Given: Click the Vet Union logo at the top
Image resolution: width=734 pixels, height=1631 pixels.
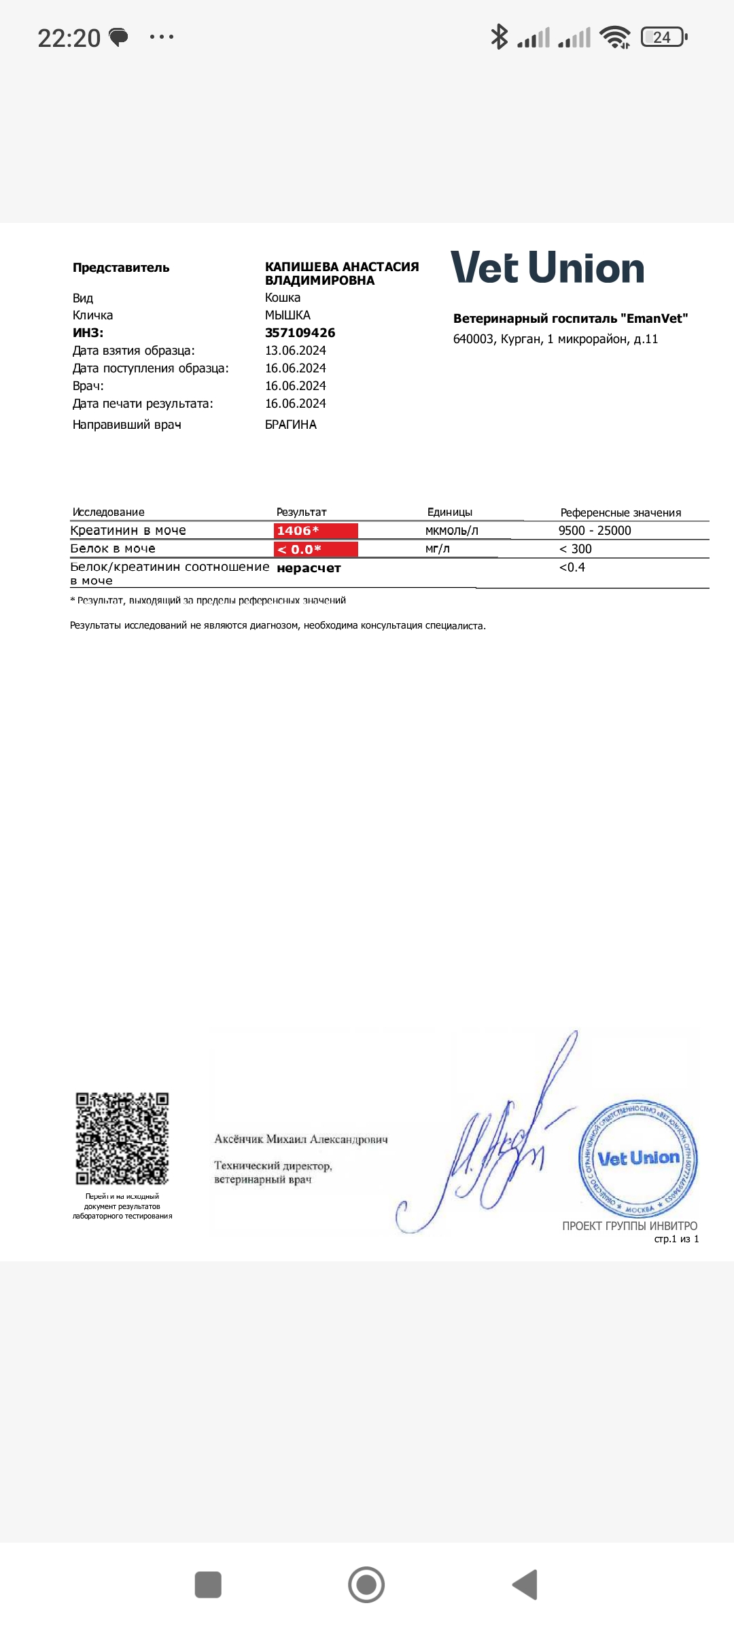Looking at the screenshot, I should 547,268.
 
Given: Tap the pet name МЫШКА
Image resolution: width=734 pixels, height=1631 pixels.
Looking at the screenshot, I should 287,315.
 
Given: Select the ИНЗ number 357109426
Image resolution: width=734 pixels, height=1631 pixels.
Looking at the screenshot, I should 300,333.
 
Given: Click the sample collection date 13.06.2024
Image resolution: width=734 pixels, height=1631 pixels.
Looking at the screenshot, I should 295,351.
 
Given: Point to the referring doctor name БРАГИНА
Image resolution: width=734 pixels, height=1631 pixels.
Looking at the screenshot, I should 290,425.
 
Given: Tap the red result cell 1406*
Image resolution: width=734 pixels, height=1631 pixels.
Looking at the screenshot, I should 315,531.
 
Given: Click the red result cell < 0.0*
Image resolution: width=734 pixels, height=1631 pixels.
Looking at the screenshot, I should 315,549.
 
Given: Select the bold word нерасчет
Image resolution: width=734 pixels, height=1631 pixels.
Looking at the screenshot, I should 309,568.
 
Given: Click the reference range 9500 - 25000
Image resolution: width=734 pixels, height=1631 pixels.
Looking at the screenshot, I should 595,531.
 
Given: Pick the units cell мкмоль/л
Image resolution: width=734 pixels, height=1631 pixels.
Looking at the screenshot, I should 451,531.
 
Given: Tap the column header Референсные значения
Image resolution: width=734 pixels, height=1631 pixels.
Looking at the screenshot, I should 620,513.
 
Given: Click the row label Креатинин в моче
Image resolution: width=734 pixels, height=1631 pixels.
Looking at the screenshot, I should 128,531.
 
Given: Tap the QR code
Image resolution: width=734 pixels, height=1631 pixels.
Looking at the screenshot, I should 122,1139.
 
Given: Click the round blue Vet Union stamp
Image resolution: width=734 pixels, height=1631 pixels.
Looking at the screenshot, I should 637,1158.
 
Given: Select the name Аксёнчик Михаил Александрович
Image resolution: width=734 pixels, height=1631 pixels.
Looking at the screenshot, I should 300,1139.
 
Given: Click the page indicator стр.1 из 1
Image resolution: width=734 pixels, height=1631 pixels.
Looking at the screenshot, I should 676,1239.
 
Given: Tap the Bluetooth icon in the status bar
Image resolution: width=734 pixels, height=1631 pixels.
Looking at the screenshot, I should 499,37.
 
